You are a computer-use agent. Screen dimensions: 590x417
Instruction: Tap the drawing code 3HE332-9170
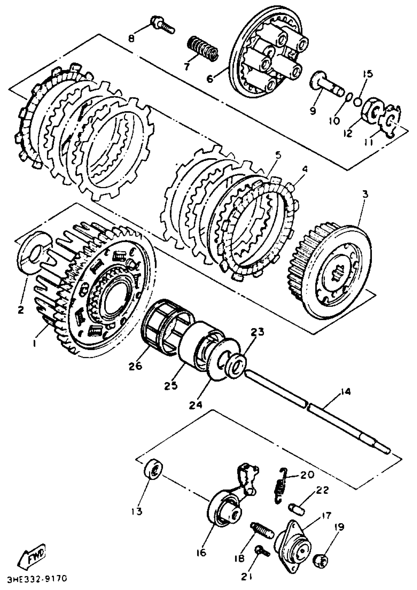point(37,578)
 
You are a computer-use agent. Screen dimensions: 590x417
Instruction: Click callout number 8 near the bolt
point(131,39)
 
